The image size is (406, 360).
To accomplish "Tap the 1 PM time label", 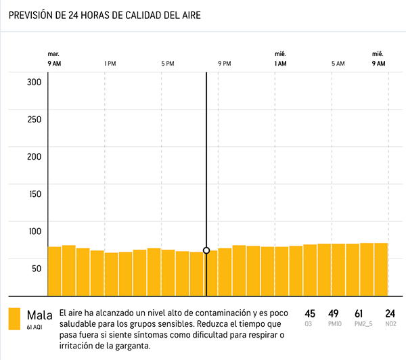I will pos(110,64).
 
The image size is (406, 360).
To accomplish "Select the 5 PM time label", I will pos(167,64).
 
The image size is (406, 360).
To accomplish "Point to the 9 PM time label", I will pos(224,64).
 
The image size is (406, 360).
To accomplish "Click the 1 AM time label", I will pos(279,64).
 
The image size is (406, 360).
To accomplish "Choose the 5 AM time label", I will pos(338,64).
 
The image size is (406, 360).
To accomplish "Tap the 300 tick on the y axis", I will pos(34,83).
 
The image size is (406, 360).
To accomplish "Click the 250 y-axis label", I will pos(34,120).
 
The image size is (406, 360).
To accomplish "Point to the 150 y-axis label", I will pos(34,194).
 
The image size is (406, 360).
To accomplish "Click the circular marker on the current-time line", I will pos(206,250).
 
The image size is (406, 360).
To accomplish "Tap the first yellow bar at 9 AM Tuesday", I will pos(55,271).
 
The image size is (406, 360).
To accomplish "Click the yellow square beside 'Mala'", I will pos(14,319).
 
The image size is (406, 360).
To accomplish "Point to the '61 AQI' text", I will pos(35,327).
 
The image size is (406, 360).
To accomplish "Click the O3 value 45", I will pos(310,313).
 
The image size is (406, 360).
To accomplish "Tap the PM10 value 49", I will pos(333,313).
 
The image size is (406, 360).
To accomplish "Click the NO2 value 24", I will pos(390,313).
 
